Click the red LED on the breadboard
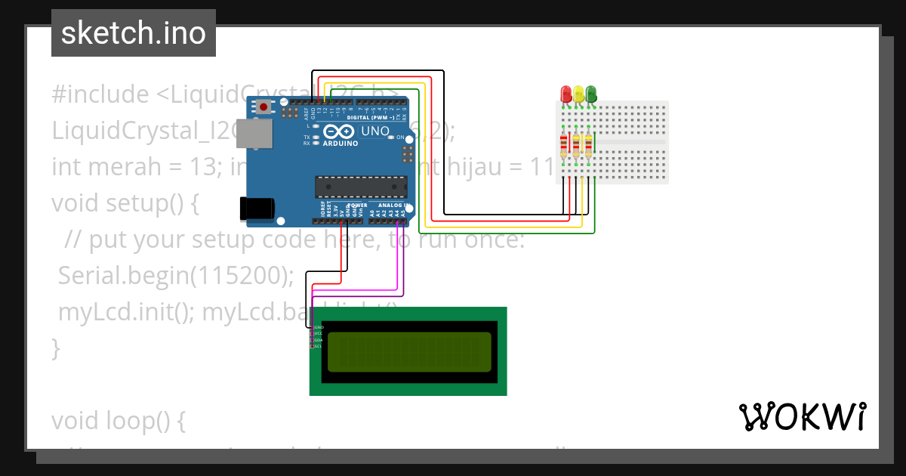[x=566, y=94]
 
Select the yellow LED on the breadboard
[x=578, y=94]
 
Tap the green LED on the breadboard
[x=590, y=94]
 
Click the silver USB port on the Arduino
[x=254, y=134]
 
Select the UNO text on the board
[x=375, y=131]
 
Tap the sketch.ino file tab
[x=134, y=33]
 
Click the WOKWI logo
[x=802, y=416]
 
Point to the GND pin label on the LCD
[x=318, y=328]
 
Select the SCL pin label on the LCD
[x=318, y=346]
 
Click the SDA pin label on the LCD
[x=318, y=340]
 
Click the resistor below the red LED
[x=564, y=145]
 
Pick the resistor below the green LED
[x=588, y=145]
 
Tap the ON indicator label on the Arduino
[x=401, y=138]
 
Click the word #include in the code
[x=100, y=94]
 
